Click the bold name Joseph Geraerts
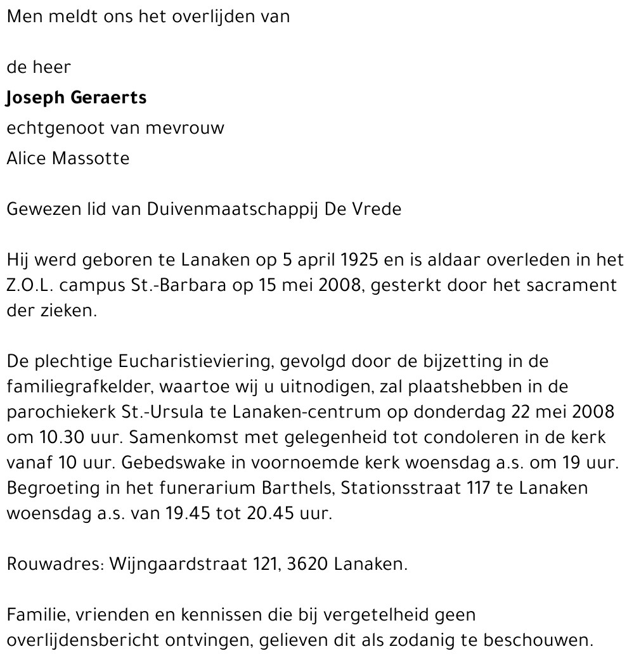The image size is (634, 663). point(76,98)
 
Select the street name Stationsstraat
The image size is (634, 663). point(401,488)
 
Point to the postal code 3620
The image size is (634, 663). point(308,564)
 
